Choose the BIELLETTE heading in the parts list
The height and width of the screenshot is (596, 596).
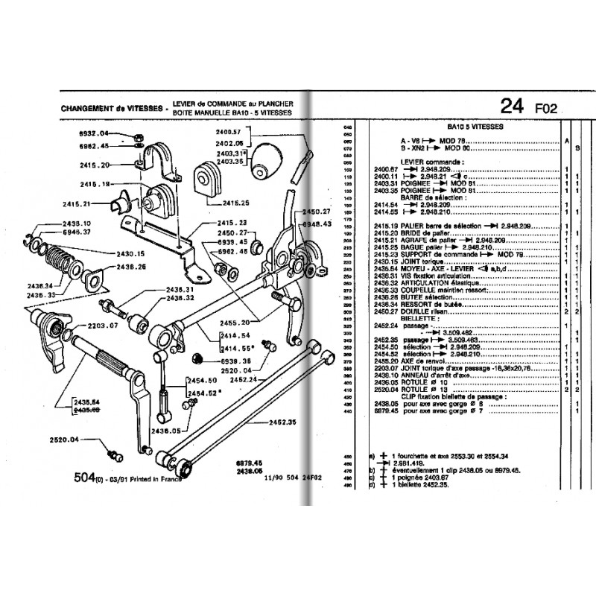coord(417,319)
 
